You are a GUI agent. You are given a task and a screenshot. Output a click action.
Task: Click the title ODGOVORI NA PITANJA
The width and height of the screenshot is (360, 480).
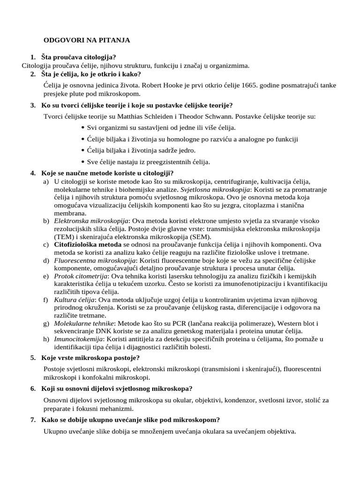(87, 40)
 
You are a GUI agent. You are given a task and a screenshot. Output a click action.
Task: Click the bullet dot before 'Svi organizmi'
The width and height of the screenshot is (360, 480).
(83, 127)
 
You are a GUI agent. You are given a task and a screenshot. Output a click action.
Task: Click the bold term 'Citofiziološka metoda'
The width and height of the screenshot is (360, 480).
(88, 245)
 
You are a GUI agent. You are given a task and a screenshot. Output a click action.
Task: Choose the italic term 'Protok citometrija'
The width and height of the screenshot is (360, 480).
(78, 277)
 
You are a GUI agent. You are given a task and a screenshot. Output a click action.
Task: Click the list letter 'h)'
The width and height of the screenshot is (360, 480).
(45, 339)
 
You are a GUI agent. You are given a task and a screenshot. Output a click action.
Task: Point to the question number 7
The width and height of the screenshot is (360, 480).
(33, 420)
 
